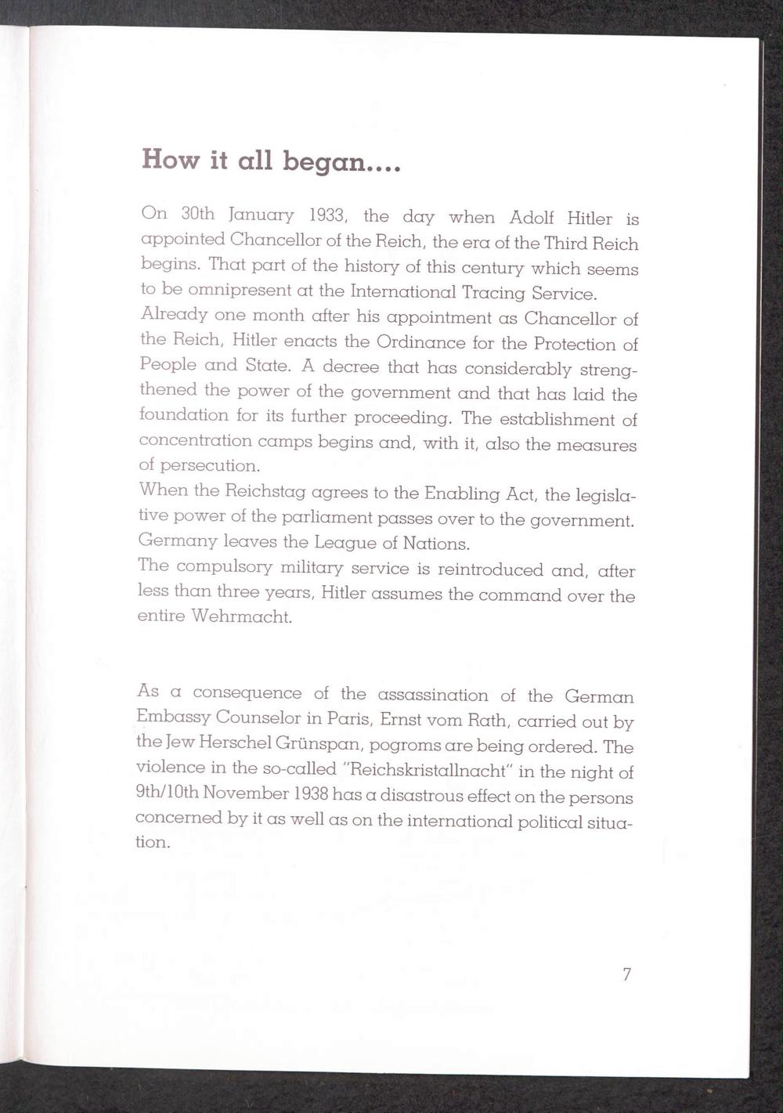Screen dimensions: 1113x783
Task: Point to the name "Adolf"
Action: point(532,217)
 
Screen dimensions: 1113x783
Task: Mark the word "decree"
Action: point(351,367)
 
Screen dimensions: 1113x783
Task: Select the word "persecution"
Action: point(210,466)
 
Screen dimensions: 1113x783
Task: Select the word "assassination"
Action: point(432,695)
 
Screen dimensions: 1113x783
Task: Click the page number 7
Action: point(626,974)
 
